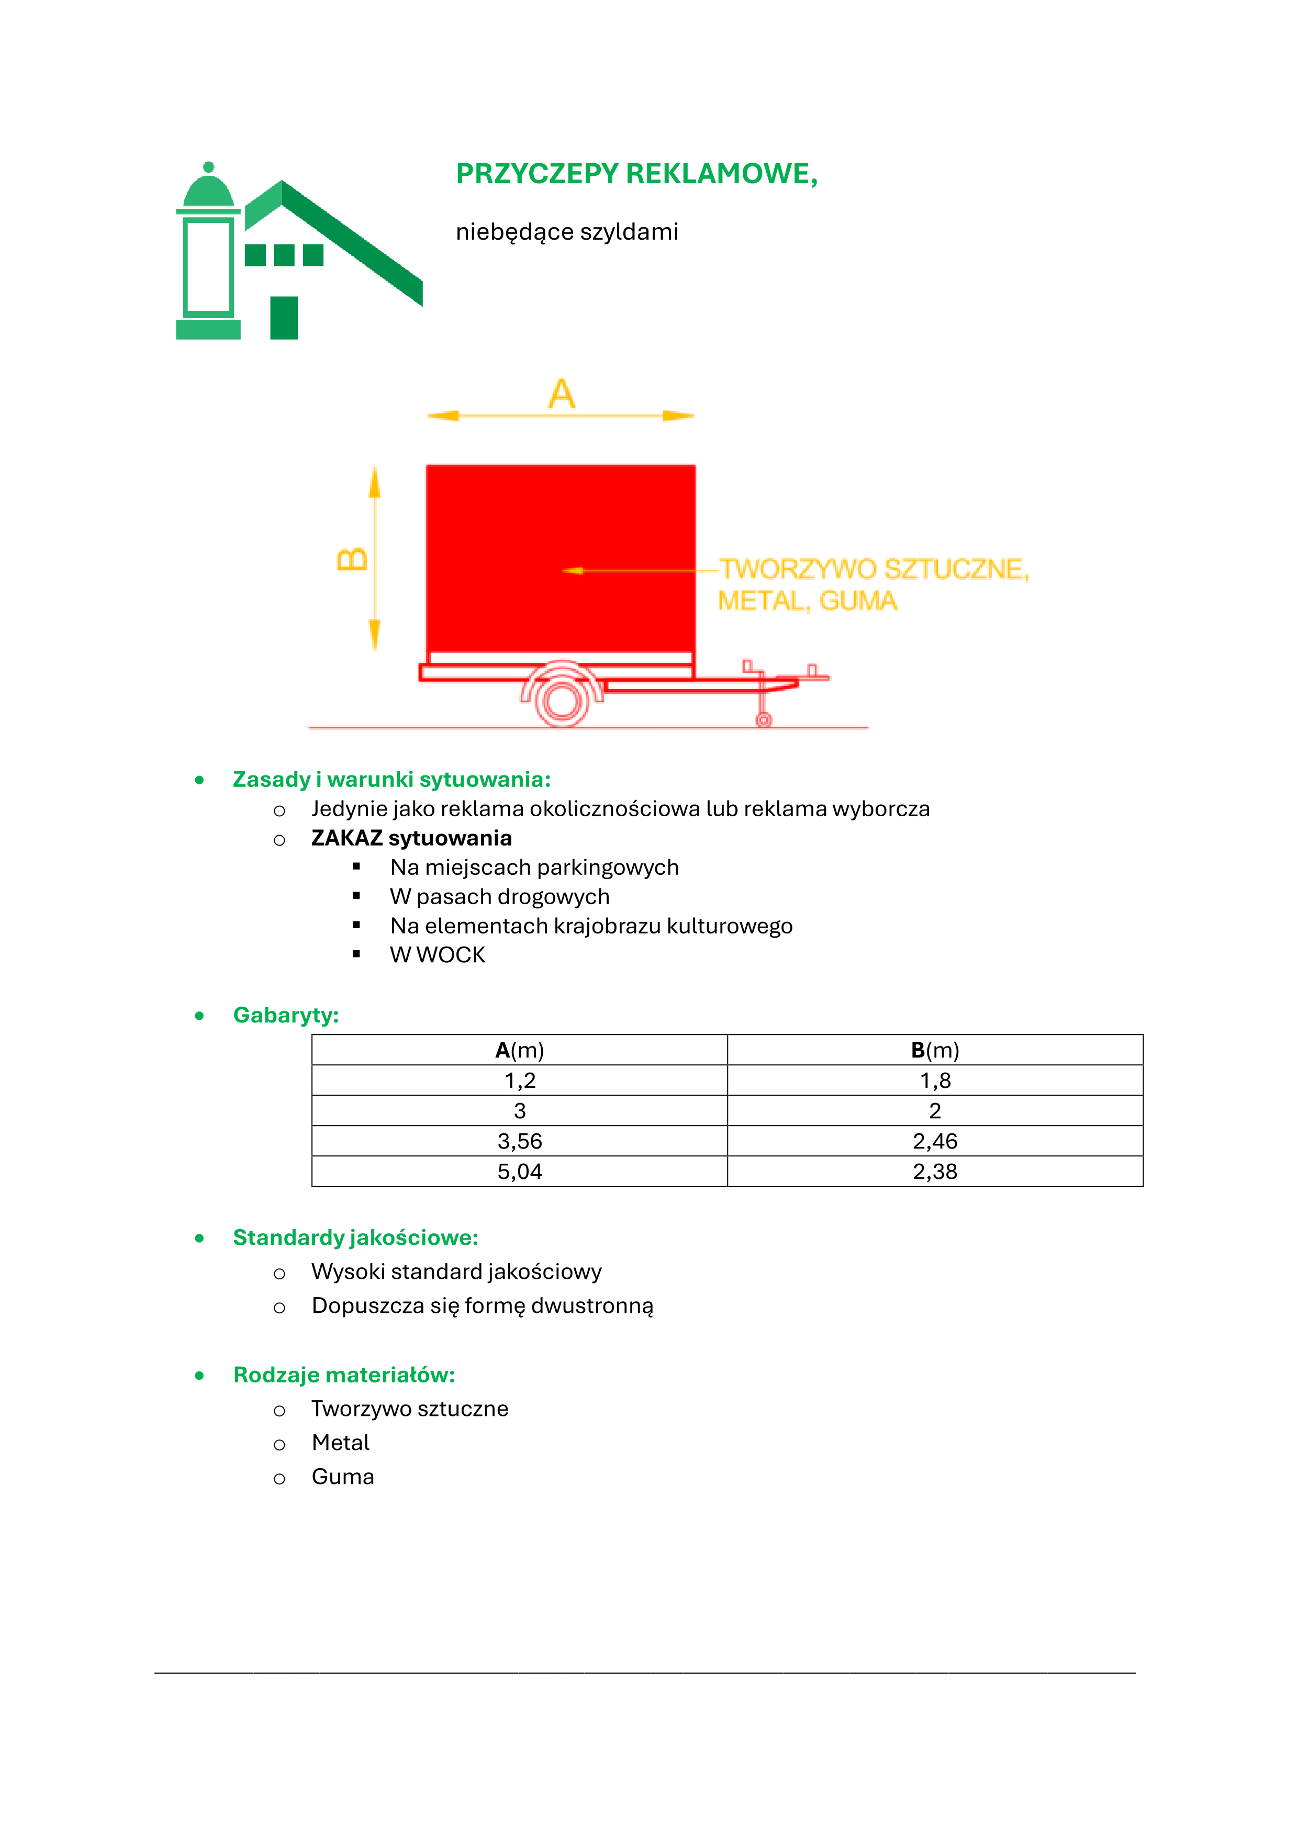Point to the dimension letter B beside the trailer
click(352, 559)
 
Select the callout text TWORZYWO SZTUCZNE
click(874, 569)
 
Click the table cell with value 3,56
click(520, 1141)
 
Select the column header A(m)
click(520, 1050)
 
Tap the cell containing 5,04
click(520, 1172)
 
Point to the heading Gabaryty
click(285, 1015)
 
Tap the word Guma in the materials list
click(343, 1477)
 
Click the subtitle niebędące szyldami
click(567, 232)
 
